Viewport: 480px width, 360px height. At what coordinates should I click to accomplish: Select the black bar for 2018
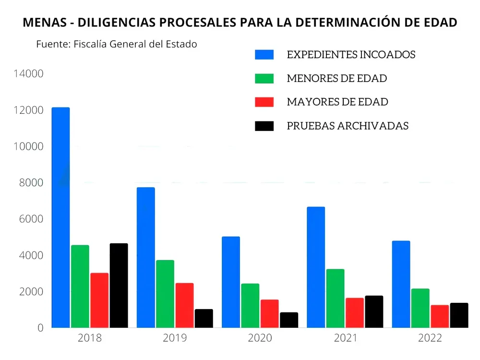(x=119, y=286)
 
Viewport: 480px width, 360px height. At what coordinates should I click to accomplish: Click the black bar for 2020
(x=289, y=320)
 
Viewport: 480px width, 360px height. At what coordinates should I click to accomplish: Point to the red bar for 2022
(x=440, y=316)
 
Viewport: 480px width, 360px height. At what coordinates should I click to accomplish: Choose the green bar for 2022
(x=420, y=308)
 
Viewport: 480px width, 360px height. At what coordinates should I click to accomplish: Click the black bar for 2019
(x=204, y=318)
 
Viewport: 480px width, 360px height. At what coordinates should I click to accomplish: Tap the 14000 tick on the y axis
(x=29, y=74)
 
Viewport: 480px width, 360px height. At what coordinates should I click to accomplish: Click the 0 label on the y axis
(x=41, y=328)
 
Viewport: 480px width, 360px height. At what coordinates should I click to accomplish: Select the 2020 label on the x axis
(x=260, y=338)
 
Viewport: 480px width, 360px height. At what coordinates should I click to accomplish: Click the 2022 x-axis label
(x=430, y=338)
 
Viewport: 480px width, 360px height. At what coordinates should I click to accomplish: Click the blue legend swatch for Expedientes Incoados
(x=264, y=55)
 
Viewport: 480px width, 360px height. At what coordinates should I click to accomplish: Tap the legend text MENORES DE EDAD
(x=336, y=78)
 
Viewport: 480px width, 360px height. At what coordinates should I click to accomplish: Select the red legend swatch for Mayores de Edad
(x=264, y=102)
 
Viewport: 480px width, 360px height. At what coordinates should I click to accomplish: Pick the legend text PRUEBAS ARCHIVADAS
(x=348, y=126)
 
